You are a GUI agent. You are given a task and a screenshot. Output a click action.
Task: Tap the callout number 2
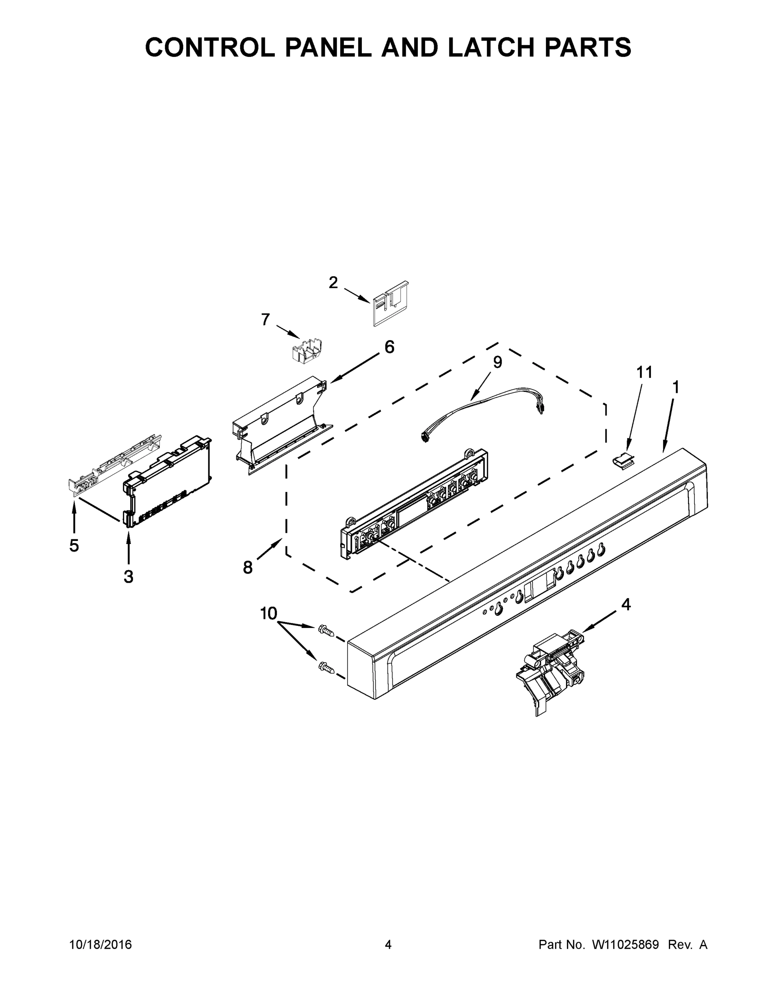(x=333, y=282)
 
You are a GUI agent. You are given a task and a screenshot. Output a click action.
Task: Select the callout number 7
(x=266, y=319)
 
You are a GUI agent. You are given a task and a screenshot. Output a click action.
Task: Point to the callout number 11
(x=644, y=372)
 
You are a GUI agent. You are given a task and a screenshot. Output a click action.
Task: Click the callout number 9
(x=497, y=362)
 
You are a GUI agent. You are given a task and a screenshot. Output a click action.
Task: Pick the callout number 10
(x=269, y=613)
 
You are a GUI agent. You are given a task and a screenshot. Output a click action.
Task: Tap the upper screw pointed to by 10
(x=325, y=630)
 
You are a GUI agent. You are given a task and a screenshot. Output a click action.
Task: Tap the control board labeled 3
(x=168, y=480)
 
